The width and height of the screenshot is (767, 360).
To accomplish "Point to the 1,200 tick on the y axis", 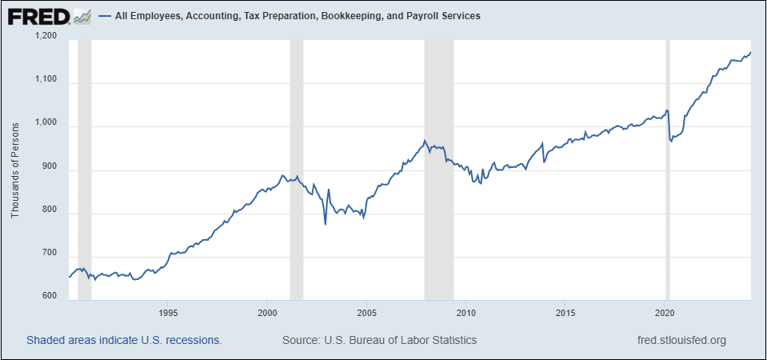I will coord(46,36).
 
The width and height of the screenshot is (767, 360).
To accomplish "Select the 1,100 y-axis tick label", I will coord(46,79).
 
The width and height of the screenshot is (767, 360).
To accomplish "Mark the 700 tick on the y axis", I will coord(50,254).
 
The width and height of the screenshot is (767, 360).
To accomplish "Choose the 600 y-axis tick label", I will coord(50,297).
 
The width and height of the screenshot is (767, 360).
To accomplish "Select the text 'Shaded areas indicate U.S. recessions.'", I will coord(124,340).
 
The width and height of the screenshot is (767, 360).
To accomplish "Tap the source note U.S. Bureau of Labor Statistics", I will coord(380,340).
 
